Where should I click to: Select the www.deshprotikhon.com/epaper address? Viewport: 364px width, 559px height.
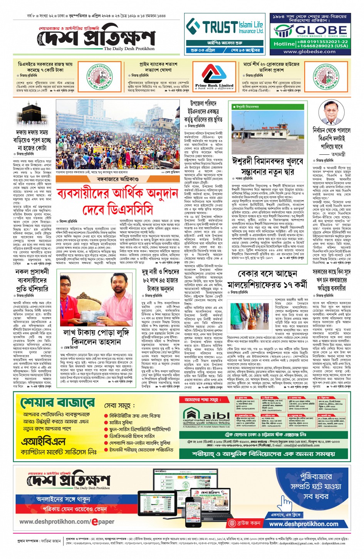[x=67, y=522]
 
